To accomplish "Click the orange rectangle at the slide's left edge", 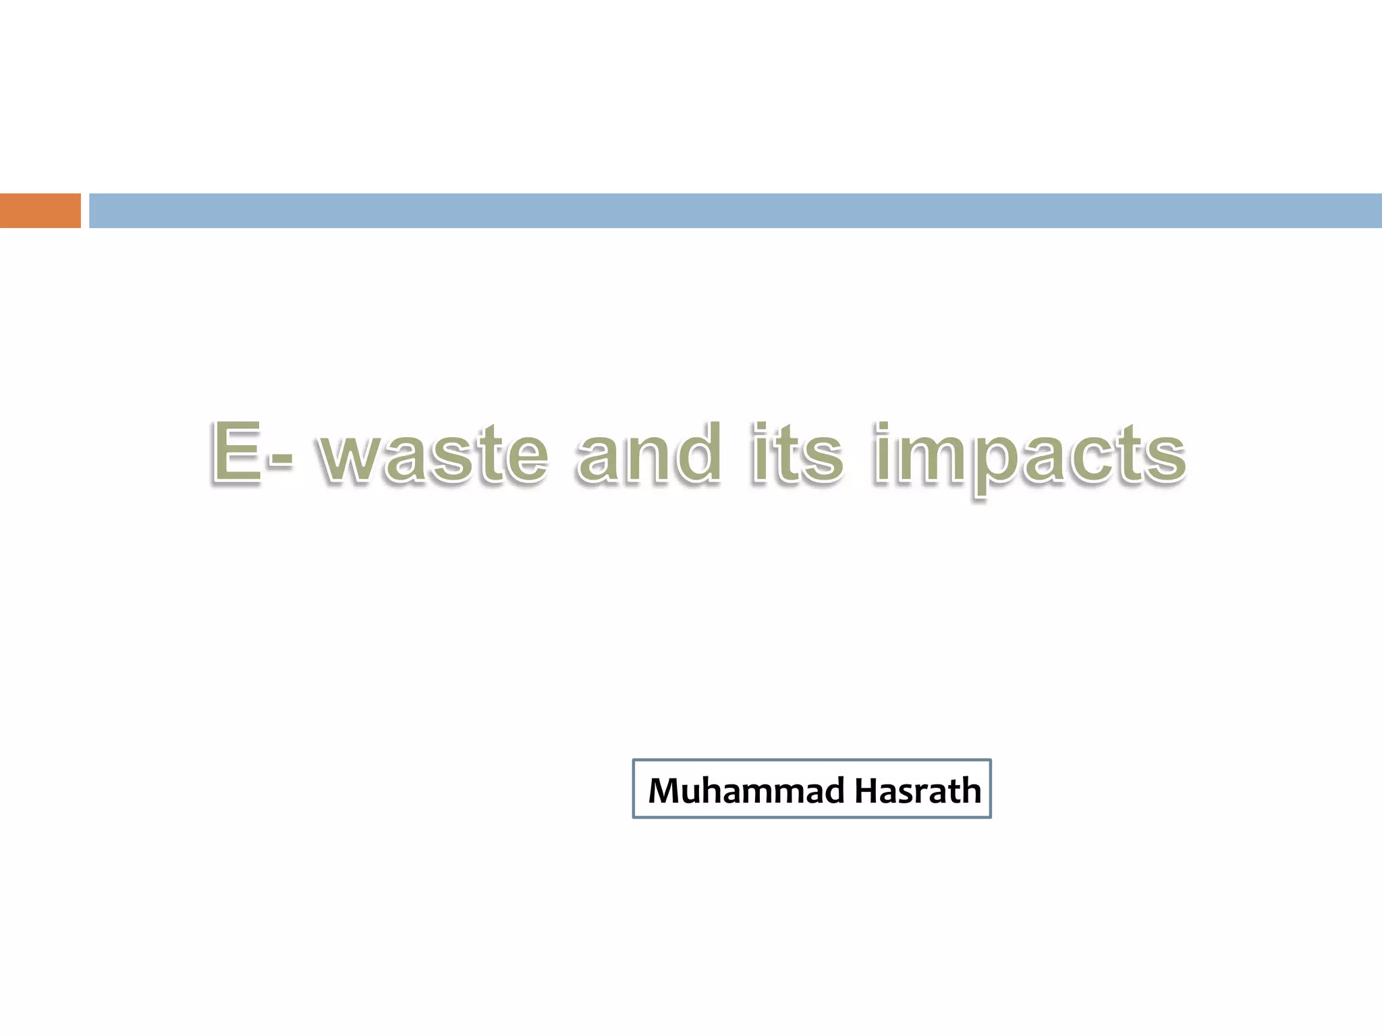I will (40, 210).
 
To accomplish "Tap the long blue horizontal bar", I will (735, 210).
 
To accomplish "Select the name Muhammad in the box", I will (746, 790).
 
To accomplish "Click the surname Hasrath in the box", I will (918, 790).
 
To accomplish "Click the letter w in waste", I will (352, 459).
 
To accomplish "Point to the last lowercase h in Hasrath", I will (970, 790).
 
